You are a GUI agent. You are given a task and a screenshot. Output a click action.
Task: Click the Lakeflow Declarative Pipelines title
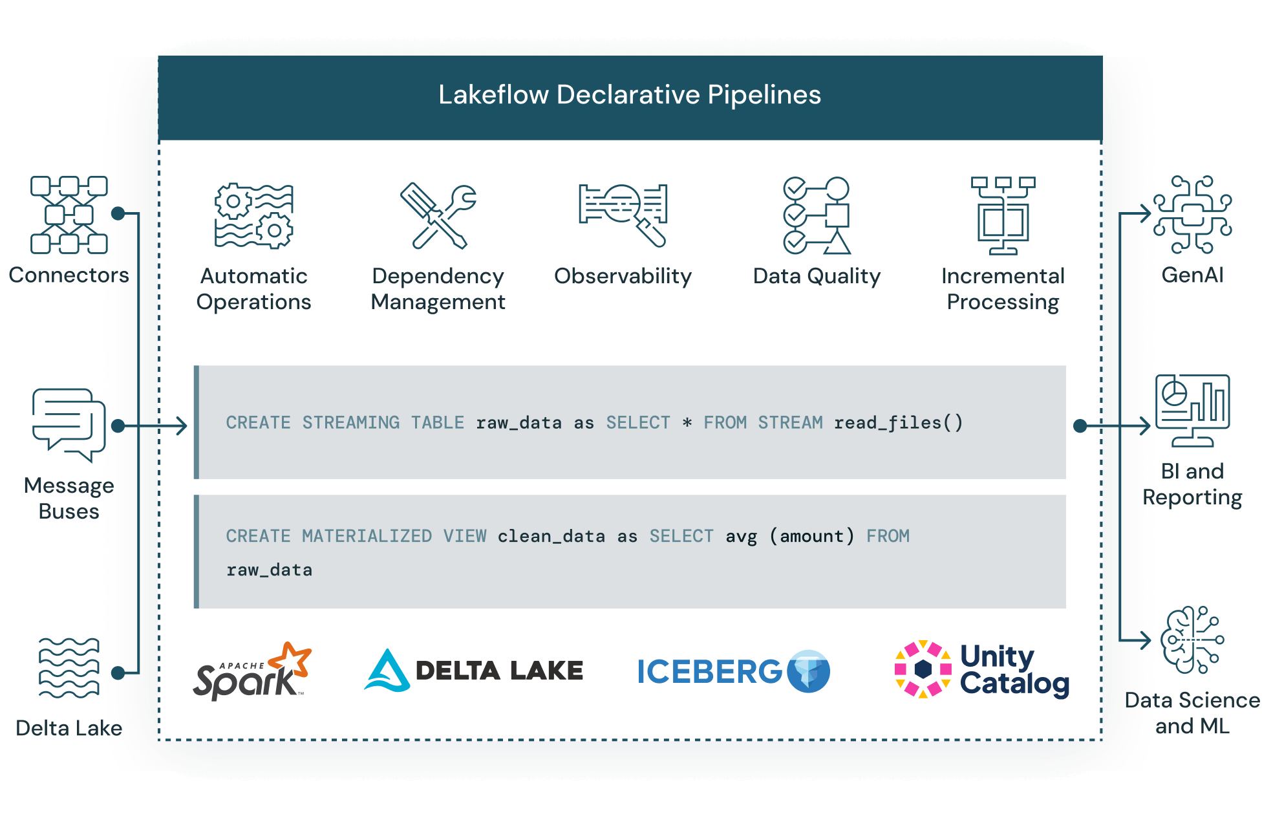click(630, 95)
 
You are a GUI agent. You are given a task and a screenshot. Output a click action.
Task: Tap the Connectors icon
click(69, 215)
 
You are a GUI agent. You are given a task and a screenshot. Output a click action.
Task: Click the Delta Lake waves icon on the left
click(69, 668)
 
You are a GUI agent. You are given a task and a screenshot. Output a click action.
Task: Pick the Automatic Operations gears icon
click(253, 216)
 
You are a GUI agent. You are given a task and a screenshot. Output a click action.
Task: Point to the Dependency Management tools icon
click(438, 216)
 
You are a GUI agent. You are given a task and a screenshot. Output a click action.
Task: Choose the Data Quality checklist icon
click(817, 215)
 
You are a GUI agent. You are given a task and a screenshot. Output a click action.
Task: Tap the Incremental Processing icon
click(1003, 216)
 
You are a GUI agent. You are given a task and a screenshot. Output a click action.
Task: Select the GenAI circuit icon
click(1193, 214)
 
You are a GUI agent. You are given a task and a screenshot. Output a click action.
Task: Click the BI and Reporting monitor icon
click(1192, 411)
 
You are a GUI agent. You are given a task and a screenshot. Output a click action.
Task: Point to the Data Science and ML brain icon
click(1192, 640)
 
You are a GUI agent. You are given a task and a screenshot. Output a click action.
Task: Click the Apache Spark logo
click(253, 671)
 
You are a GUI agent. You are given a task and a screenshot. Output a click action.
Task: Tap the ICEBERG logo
click(733, 671)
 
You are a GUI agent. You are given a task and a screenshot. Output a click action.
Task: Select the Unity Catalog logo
click(981, 670)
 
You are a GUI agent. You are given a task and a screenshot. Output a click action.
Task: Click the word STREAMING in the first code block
click(351, 423)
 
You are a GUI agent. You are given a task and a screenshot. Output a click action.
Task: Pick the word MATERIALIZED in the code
click(367, 536)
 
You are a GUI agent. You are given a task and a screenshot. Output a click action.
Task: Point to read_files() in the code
click(898, 423)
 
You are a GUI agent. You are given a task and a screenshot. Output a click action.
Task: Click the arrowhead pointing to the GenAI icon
click(1146, 213)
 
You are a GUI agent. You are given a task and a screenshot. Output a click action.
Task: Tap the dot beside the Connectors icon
click(118, 213)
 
